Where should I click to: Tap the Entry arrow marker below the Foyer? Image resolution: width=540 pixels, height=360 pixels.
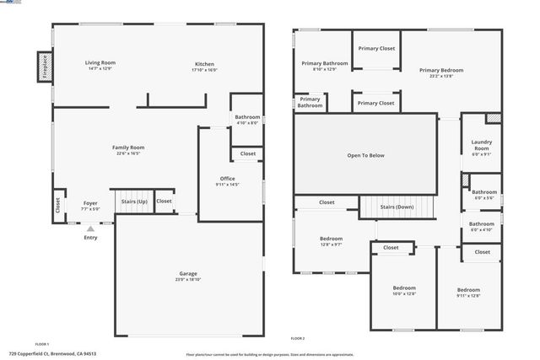pyautogui.click(x=90, y=228)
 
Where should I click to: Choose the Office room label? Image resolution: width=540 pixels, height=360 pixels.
pyautogui.click(x=228, y=178)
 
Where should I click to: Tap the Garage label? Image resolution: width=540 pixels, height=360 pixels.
pyautogui.click(x=188, y=274)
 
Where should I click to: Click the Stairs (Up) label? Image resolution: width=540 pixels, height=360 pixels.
pyautogui.click(x=134, y=201)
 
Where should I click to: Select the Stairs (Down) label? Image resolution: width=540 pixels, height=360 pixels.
pyautogui.click(x=397, y=207)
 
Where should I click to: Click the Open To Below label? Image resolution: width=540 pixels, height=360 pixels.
pyautogui.click(x=365, y=155)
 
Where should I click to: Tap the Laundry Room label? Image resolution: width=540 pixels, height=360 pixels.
pyautogui.click(x=480, y=145)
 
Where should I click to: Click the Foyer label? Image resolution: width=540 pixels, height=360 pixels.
pyautogui.click(x=90, y=202)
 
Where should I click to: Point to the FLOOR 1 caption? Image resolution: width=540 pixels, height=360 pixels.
pyautogui.click(x=42, y=344)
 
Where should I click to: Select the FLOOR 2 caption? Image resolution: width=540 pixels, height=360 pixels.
pyautogui.click(x=297, y=338)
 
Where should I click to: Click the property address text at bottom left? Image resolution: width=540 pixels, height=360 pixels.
pyautogui.click(x=53, y=354)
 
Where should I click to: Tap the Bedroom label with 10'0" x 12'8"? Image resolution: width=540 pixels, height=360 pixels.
pyautogui.click(x=402, y=288)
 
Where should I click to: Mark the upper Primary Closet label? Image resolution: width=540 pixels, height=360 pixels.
pyautogui.click(x=375, y=49)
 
